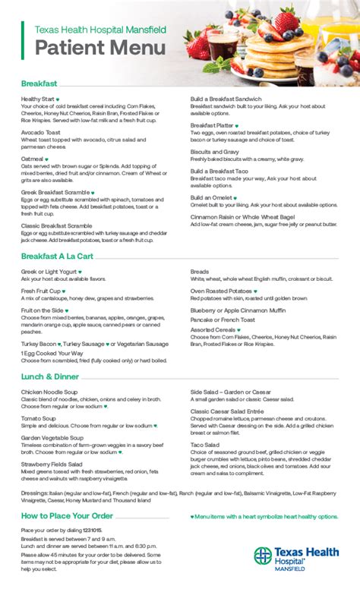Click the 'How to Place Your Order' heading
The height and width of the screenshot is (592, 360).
[68, 516]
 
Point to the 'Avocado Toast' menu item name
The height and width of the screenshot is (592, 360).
[42, 132]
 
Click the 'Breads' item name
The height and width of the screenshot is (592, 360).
[200, 271]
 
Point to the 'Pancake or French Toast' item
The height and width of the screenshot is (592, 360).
[223, 320]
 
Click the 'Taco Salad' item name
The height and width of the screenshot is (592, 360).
[205, 444]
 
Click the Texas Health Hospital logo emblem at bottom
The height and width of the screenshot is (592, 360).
[263, 556]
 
